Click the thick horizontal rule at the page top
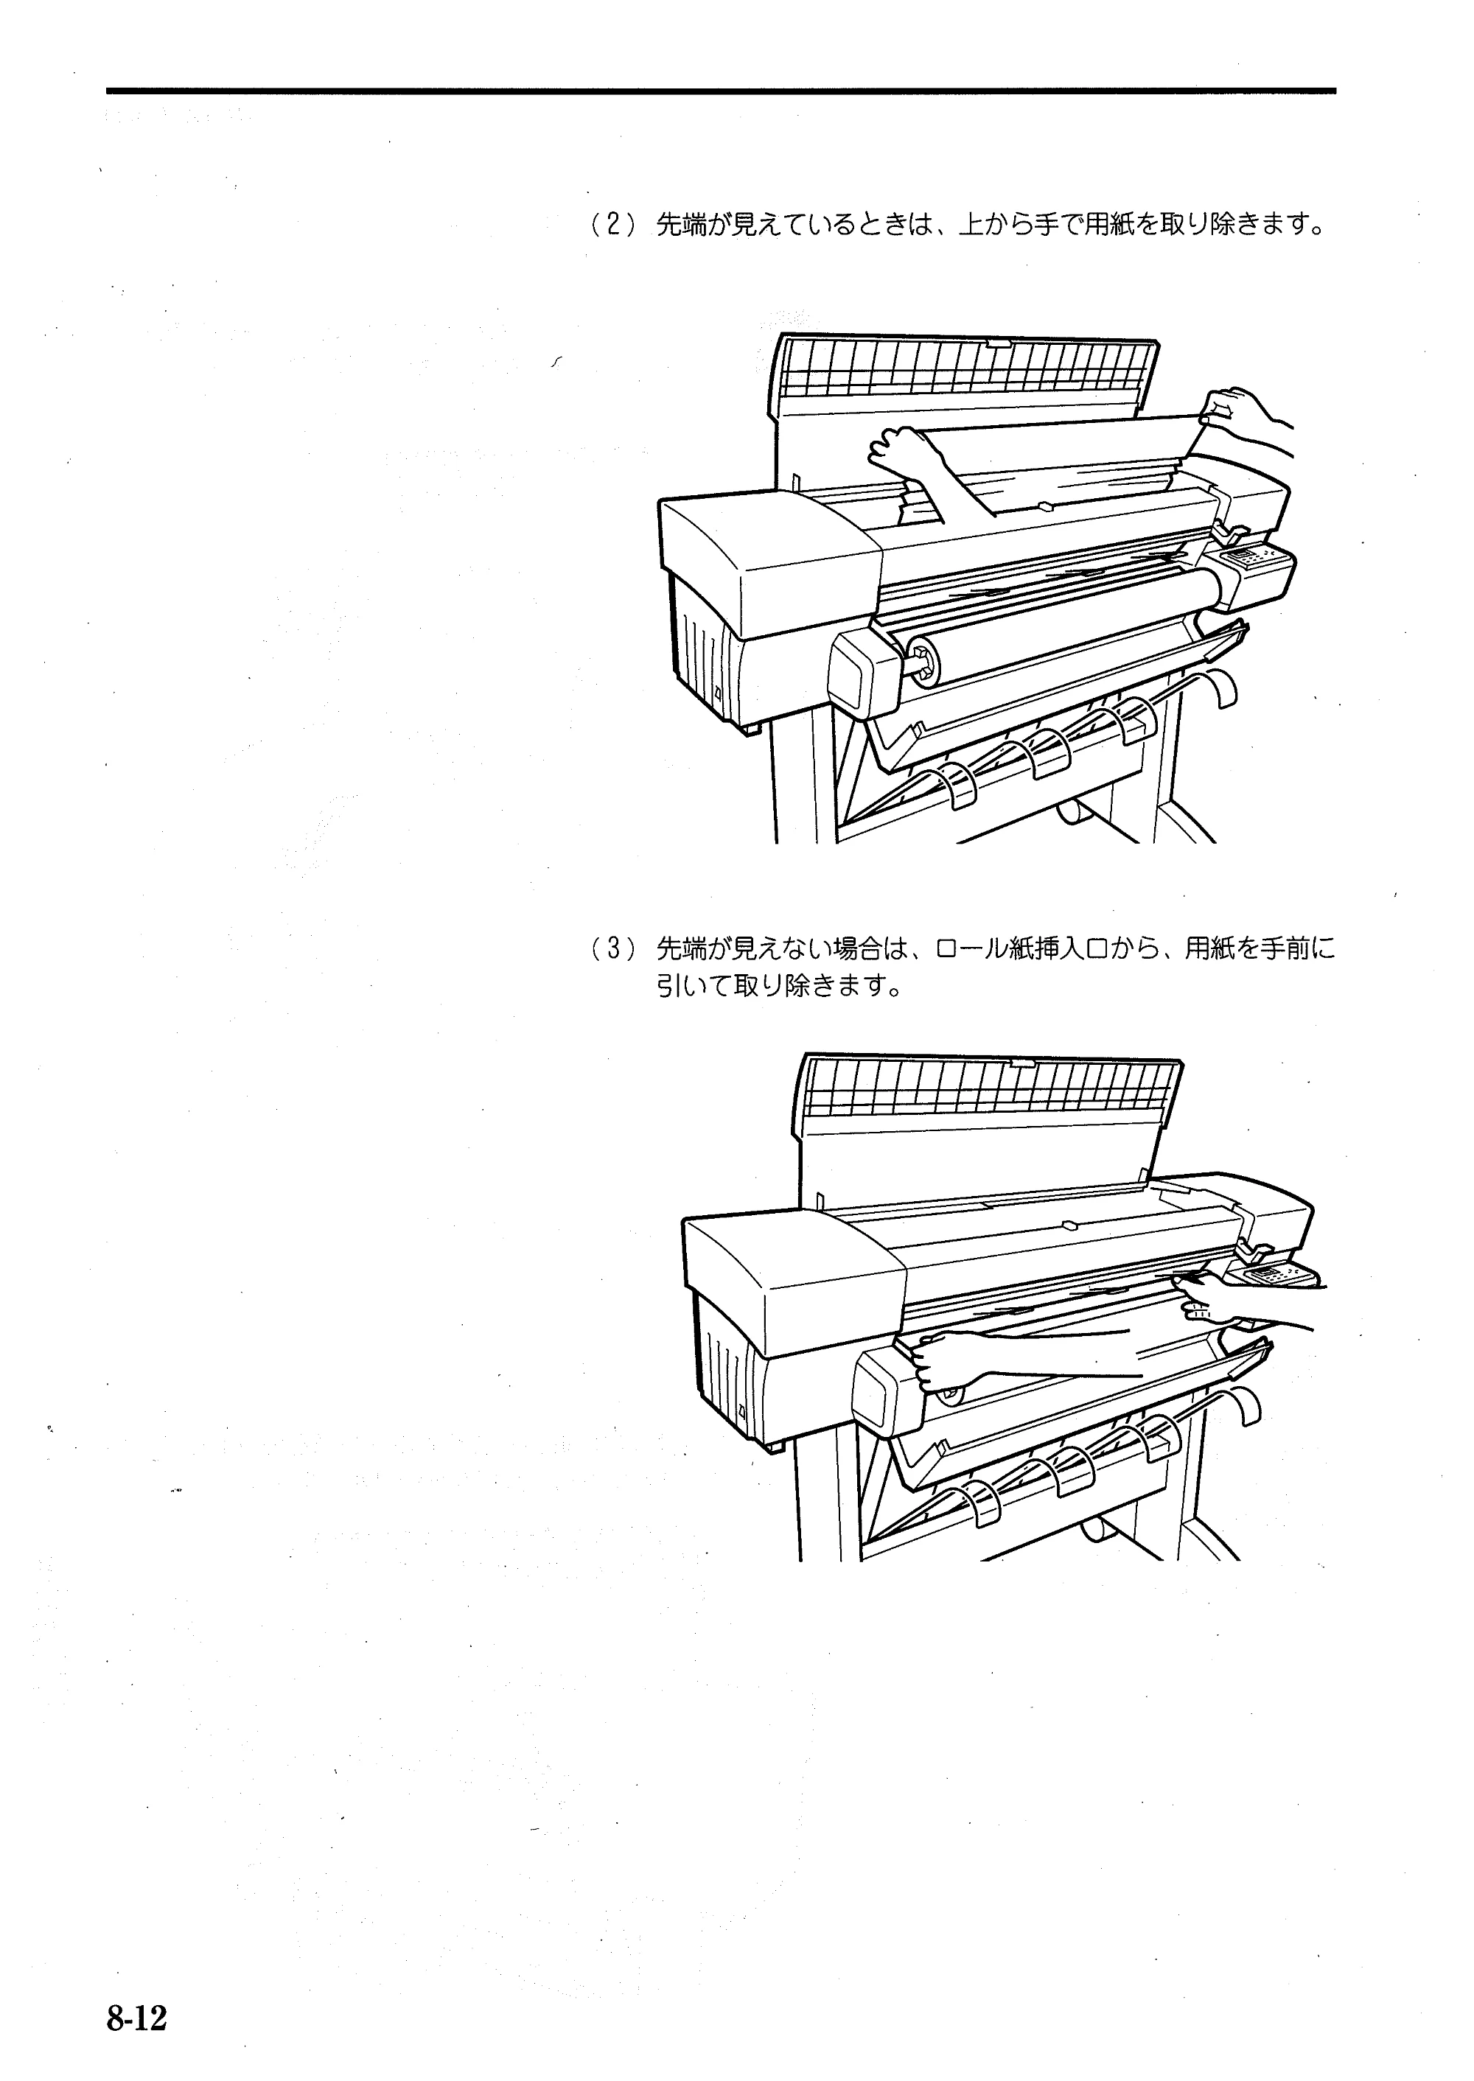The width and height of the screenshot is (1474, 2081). click(722, 91)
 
